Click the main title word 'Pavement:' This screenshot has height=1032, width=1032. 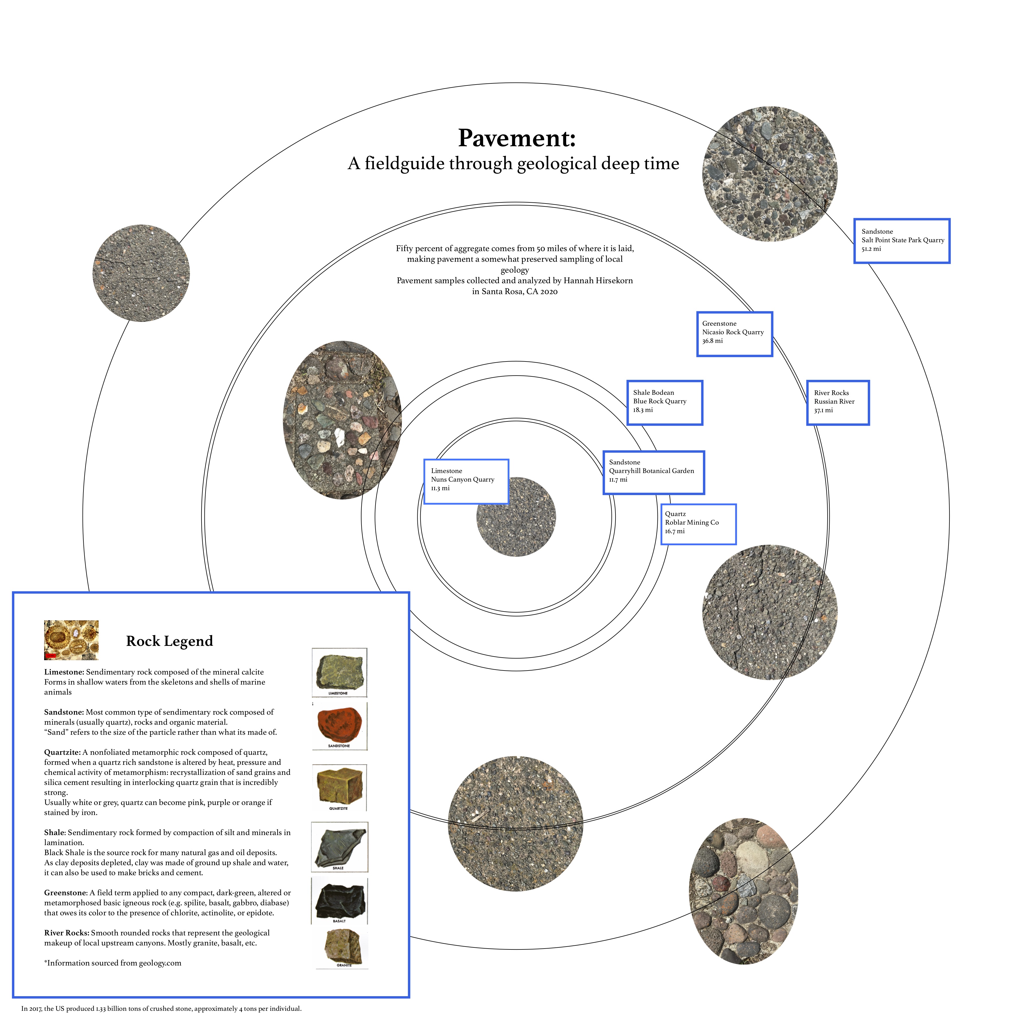[x=517, y=138]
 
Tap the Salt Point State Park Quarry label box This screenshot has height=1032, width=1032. [x=902, y=241]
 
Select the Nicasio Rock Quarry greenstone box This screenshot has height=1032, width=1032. [x=734, y=334]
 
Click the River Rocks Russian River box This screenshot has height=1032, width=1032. [x=838, y=403]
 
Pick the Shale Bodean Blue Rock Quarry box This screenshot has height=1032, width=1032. [x=664, y=403]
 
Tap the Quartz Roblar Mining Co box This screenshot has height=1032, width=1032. [x=698, y=524]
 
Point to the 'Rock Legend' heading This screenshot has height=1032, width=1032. [x=169, y=641]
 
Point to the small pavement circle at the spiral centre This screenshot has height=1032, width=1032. [x=516, y=517]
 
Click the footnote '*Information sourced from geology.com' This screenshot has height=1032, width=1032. [x=113, y=963]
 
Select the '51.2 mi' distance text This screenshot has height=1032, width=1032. [x=871, y=249]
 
